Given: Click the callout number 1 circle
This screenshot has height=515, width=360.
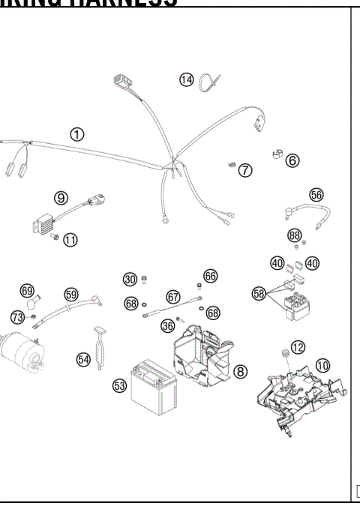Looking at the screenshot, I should point(77,134).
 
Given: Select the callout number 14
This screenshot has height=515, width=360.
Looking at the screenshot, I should point(186,79).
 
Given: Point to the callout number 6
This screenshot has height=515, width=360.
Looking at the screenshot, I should point(292,160).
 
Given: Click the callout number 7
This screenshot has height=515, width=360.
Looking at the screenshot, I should point(245,170).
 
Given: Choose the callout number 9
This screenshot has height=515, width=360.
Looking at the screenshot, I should point(61,198).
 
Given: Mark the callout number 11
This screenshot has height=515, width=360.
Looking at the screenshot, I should point(70,240).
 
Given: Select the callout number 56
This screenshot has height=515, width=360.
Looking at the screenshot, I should point(316,194).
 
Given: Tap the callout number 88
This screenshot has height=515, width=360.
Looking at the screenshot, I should point(295,235).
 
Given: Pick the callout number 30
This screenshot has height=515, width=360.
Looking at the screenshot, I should point(130,280).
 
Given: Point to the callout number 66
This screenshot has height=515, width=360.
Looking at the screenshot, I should point(210,276).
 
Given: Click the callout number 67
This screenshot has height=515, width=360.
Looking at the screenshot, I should point(173,297).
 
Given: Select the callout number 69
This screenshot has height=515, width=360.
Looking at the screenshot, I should point(27,290).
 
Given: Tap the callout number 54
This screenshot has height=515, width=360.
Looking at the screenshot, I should point(83,360).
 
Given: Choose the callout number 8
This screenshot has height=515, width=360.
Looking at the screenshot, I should point(240,371).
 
